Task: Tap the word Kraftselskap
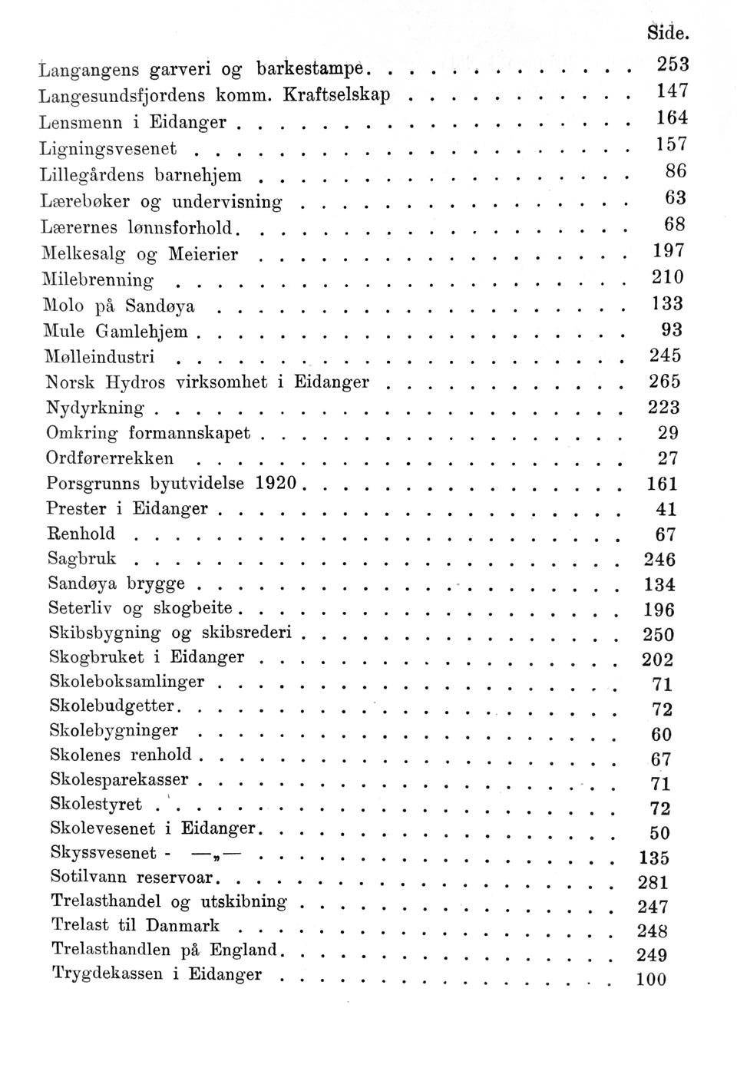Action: pos(336,94)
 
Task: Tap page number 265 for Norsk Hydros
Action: pos(665,382)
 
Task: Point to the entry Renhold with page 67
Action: pos(81,534)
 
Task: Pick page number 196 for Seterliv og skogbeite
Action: pos(659,610)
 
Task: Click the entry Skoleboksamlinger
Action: pos(127,682)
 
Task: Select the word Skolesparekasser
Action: pos(119,779)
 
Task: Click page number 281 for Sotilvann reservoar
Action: pos(653,881)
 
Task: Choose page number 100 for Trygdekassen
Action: pos(652,979)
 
